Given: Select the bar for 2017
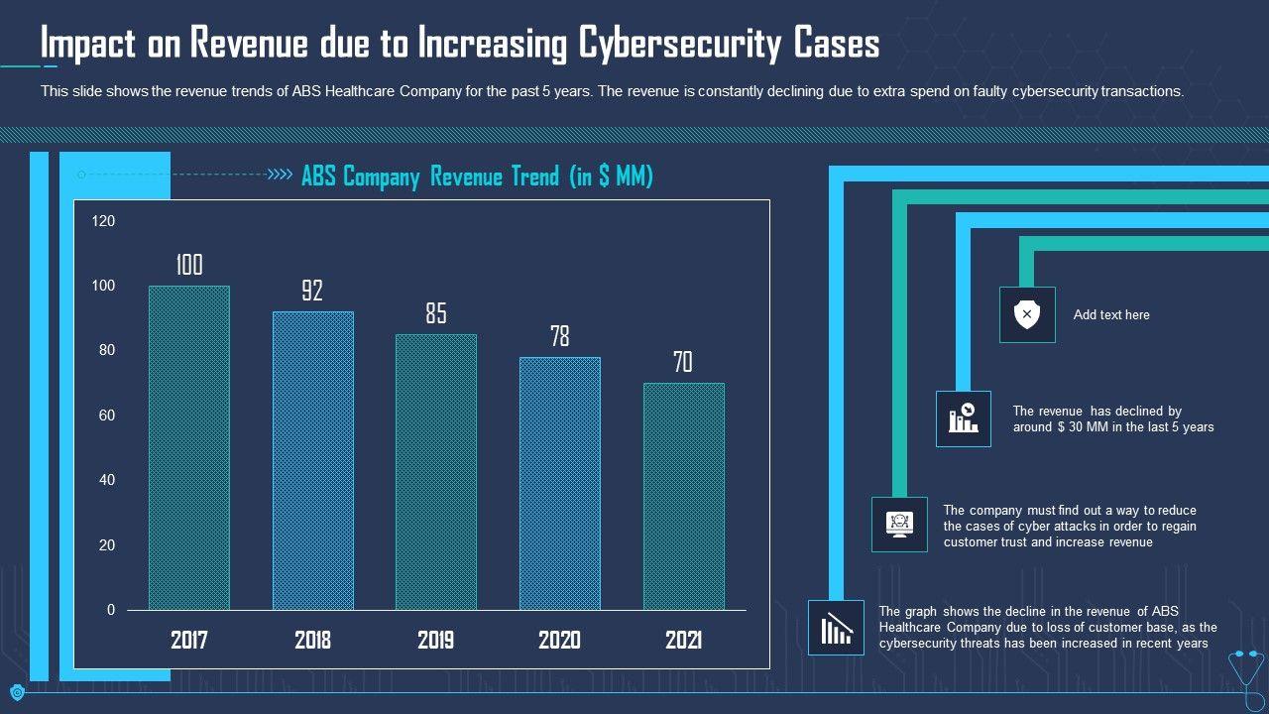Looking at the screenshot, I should click(x=188, y=447).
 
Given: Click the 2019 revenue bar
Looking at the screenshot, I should click(x=436, y=471).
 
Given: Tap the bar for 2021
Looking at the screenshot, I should click(x=683, y=496).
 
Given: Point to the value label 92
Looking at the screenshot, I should click(x=312, y=291).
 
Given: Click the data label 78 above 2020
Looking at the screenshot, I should click(x=560, y=336).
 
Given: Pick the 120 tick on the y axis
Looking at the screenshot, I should click(x=103, y=221).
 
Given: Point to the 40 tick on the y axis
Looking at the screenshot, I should click(x=103, y=480).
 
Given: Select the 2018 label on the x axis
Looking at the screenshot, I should click(x=312, y=640).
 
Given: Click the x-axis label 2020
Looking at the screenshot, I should click(x=559, y=640).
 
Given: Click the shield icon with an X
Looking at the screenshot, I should click(x=1027, y=315).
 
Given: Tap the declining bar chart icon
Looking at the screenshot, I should click(x=836, y=628).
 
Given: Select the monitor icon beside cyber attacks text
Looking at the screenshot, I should click(x=899, y=524).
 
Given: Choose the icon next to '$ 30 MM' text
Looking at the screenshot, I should click(x=963, y=418).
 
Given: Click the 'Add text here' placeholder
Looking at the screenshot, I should click(x=1111, y=315).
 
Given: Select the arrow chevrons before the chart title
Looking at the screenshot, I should click(x=282, y=176).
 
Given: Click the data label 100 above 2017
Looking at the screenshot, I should click(x=188, y=265).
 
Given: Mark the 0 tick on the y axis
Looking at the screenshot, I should click(x=111, y=610).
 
